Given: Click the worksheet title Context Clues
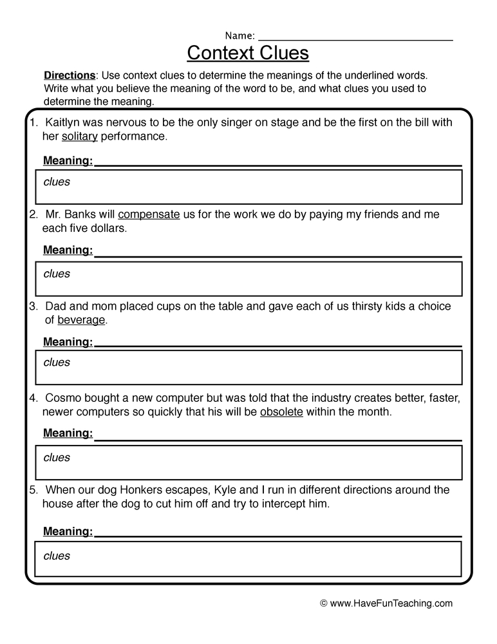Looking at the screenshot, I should (x=248, y=52).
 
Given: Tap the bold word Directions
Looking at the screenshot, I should (x=70, y=75).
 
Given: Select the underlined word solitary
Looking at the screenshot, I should (x=79, y=137).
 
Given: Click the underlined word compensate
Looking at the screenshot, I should (x=149, y=214).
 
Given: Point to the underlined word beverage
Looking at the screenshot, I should (x=81, y=319).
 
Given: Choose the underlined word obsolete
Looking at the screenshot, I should (x=281, y=412).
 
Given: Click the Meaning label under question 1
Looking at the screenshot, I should (x=68, y=160).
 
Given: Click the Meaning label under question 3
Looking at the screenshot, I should (x=68, y=341).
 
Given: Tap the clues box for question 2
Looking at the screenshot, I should (x=249, y=279).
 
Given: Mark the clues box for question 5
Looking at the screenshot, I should (x=249, y=558).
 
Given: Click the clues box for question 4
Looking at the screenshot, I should (x=249, y=462).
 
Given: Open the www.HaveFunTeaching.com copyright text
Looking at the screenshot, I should (x=386, y=603).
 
